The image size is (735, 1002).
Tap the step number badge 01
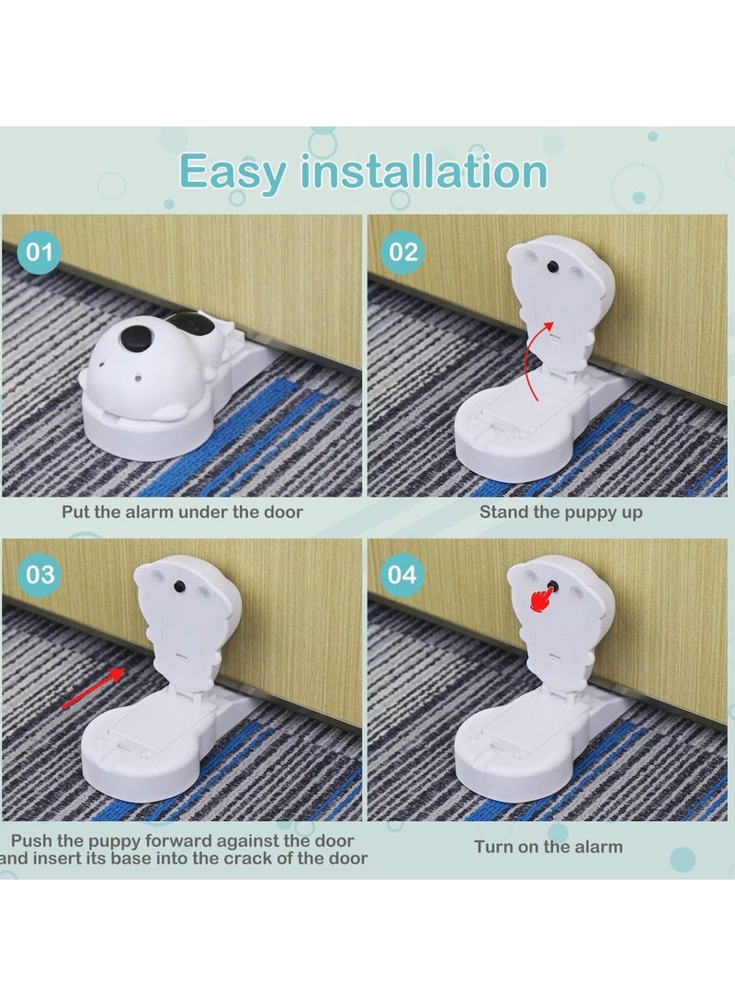pos(39,252)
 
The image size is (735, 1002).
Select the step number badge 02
pos(405,252)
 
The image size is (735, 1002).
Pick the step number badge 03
pos(39,576)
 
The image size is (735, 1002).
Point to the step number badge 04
pos(405,576)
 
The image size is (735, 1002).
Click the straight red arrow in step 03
pos(93,689)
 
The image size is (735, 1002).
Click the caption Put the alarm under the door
pos(182,512)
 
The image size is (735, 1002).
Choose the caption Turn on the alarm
pos(548,847)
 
